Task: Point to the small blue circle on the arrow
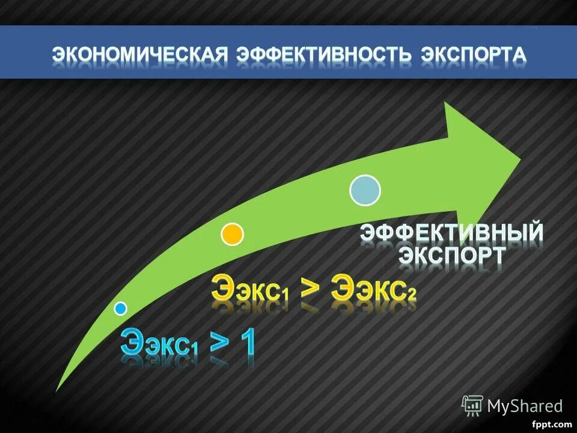121,309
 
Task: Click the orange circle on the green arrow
233,234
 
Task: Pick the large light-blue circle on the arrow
365,190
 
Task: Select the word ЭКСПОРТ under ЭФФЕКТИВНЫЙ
452,256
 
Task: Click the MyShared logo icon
472,406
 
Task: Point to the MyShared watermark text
525,406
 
